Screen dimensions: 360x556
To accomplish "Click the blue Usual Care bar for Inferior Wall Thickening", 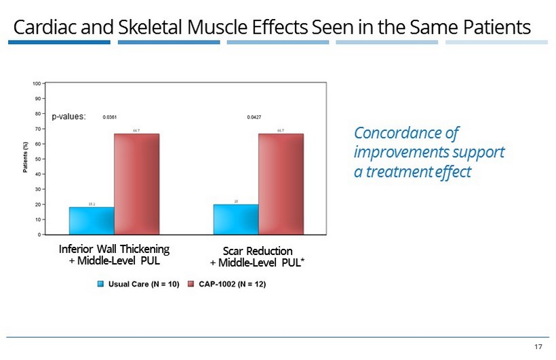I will pyautogui.click(x=92, y=221).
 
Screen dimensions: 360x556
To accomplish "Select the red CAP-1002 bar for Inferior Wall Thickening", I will pyautogui.click(x=136, y=184).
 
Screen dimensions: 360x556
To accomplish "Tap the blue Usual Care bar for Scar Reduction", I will pyautogui.click(x=236, y=220).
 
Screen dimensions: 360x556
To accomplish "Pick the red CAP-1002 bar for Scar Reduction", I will pyautogui.click(x=281, y=184).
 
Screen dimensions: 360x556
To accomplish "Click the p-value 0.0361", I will pyautogui.click(x=110, y=117).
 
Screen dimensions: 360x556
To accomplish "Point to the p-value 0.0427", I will pyautogui.click(x=254, y=117).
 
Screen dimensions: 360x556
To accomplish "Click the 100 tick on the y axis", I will pyautogui.click(x=35, y=83).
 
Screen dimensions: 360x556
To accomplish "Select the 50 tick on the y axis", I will pyautogui.click(x=37, y=159).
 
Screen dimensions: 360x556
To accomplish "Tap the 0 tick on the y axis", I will pyautogui.click(x=39, y=235).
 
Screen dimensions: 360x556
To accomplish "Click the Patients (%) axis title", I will pyautogui.click(x=26, y=159).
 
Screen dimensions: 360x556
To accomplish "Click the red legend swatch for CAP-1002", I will pyautogui.click(x=191, y=284).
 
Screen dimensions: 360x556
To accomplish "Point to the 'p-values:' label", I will pyautogui.click(x=69, y=117).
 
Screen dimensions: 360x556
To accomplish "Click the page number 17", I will pyautogui.click(x=538, y=347).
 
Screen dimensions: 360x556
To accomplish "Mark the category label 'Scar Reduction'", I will pyautogui.click(x=258, y=251).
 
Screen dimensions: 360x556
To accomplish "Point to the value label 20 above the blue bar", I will pyautogui.click(x=236, y=201).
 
